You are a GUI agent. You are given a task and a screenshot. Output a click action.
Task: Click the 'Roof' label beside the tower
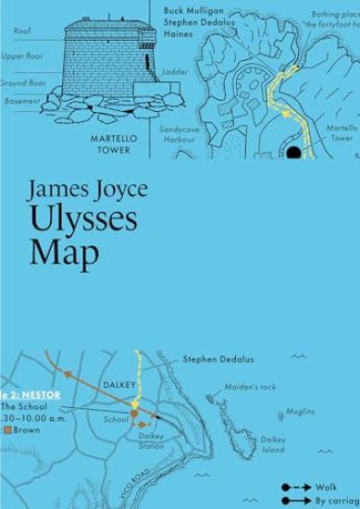(22, 31)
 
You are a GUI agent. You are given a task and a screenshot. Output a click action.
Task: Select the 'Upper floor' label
(19, 56)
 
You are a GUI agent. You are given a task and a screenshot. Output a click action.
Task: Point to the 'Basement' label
(21, 101)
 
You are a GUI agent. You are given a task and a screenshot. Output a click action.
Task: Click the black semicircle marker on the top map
(295, 152)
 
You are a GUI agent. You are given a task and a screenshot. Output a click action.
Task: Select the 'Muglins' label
(300, 410)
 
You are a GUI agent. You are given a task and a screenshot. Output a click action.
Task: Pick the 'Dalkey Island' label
(272, 445)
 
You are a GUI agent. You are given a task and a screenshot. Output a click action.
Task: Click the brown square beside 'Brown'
(6, 429)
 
